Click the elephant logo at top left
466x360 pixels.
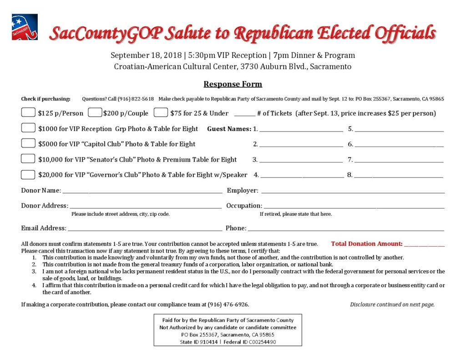[25, 27]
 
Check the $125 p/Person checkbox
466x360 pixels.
[28, 112]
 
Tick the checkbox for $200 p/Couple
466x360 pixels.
[95, 112]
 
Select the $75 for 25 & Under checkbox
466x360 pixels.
[161, 112]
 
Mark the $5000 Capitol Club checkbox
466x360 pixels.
[28, 143]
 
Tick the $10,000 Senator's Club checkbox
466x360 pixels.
[28, 159]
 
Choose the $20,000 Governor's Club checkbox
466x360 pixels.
[28, 174]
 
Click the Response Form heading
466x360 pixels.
[233, 84]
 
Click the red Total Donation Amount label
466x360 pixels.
[366, 244]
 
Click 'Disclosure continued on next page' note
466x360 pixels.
[392, 304]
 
